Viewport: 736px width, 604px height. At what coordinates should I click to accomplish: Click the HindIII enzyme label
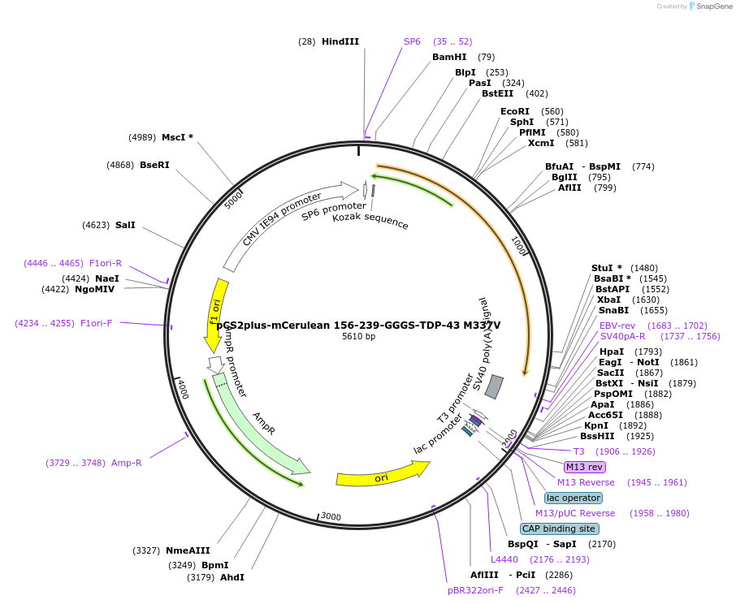pyautogui.click(x=340, y=41)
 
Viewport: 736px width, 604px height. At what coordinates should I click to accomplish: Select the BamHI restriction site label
pyautogui.click(x=449, y=57)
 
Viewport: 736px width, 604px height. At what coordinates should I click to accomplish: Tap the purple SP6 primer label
pyautogui.click(x=412, y=41)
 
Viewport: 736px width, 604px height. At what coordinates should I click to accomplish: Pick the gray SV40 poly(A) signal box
pyautogui.click(x=494, y=386)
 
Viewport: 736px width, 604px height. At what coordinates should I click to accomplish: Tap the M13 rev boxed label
pyautogui.click(x=585, y=467)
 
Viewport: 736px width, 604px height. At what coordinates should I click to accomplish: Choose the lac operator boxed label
pyautogui.click(x=574, y=498)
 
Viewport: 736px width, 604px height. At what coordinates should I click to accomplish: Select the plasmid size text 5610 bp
pyautogui.click(x=358, y=337)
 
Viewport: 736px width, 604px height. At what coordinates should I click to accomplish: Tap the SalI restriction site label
pyautogui.click(x=125, y=225)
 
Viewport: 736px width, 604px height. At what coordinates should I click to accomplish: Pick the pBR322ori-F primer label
pyautogui.click(x=475, y=590)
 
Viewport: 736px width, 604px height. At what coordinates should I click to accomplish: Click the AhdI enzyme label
pyautogui.click(x=232, y=577)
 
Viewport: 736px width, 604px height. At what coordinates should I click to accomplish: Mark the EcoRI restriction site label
pyautogui.click(x=514, y=111)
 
